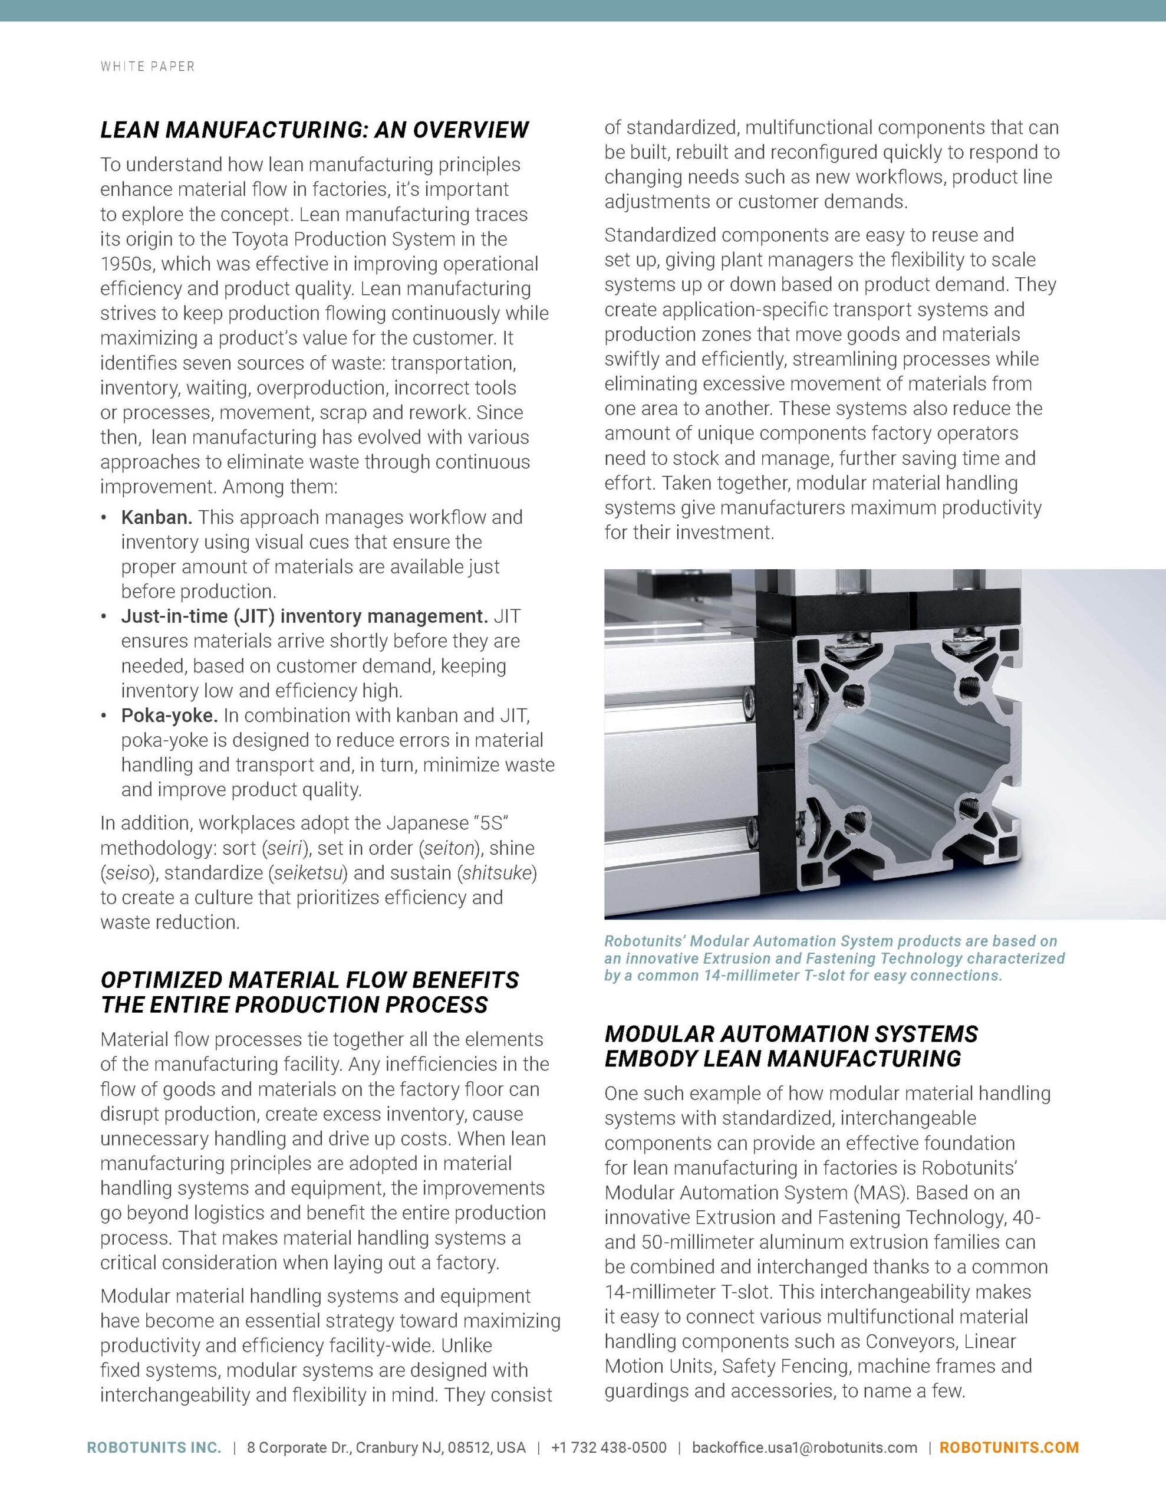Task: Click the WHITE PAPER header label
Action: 147,67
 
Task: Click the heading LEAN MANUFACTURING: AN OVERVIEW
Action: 314,129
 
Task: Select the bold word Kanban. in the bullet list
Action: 156,517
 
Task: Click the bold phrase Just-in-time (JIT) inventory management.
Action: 304,616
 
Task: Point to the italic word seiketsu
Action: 309,872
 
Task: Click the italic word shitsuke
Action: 496,872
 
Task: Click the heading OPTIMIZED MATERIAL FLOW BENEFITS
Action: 309,980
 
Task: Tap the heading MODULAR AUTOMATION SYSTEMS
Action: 790,1033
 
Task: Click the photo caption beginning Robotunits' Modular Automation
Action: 834,958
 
